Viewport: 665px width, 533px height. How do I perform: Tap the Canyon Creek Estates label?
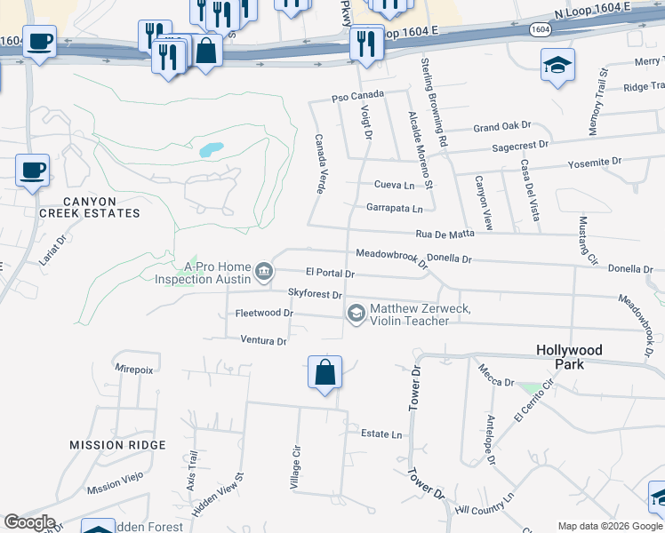89,208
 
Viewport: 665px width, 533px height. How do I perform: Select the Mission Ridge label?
117,444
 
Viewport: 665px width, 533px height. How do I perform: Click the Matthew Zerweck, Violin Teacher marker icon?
357,313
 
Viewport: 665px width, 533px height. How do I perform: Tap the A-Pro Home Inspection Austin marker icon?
264,272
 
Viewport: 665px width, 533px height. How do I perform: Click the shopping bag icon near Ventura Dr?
325,371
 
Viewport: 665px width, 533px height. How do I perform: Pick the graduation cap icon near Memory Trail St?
557,65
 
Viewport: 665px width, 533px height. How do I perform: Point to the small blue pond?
211,150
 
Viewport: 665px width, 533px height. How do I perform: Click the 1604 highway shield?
540,29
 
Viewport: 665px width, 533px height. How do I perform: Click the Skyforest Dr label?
315,293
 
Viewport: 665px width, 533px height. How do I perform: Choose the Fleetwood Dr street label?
264,313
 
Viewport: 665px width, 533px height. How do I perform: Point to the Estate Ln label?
381,434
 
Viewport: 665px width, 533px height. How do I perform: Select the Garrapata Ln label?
394,208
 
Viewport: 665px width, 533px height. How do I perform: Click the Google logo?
29,522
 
